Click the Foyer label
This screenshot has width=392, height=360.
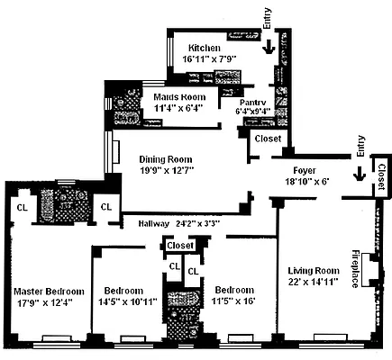coord(309,170)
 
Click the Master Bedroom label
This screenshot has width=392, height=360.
coord(49,291)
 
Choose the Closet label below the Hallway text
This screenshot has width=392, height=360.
coord(181,245)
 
